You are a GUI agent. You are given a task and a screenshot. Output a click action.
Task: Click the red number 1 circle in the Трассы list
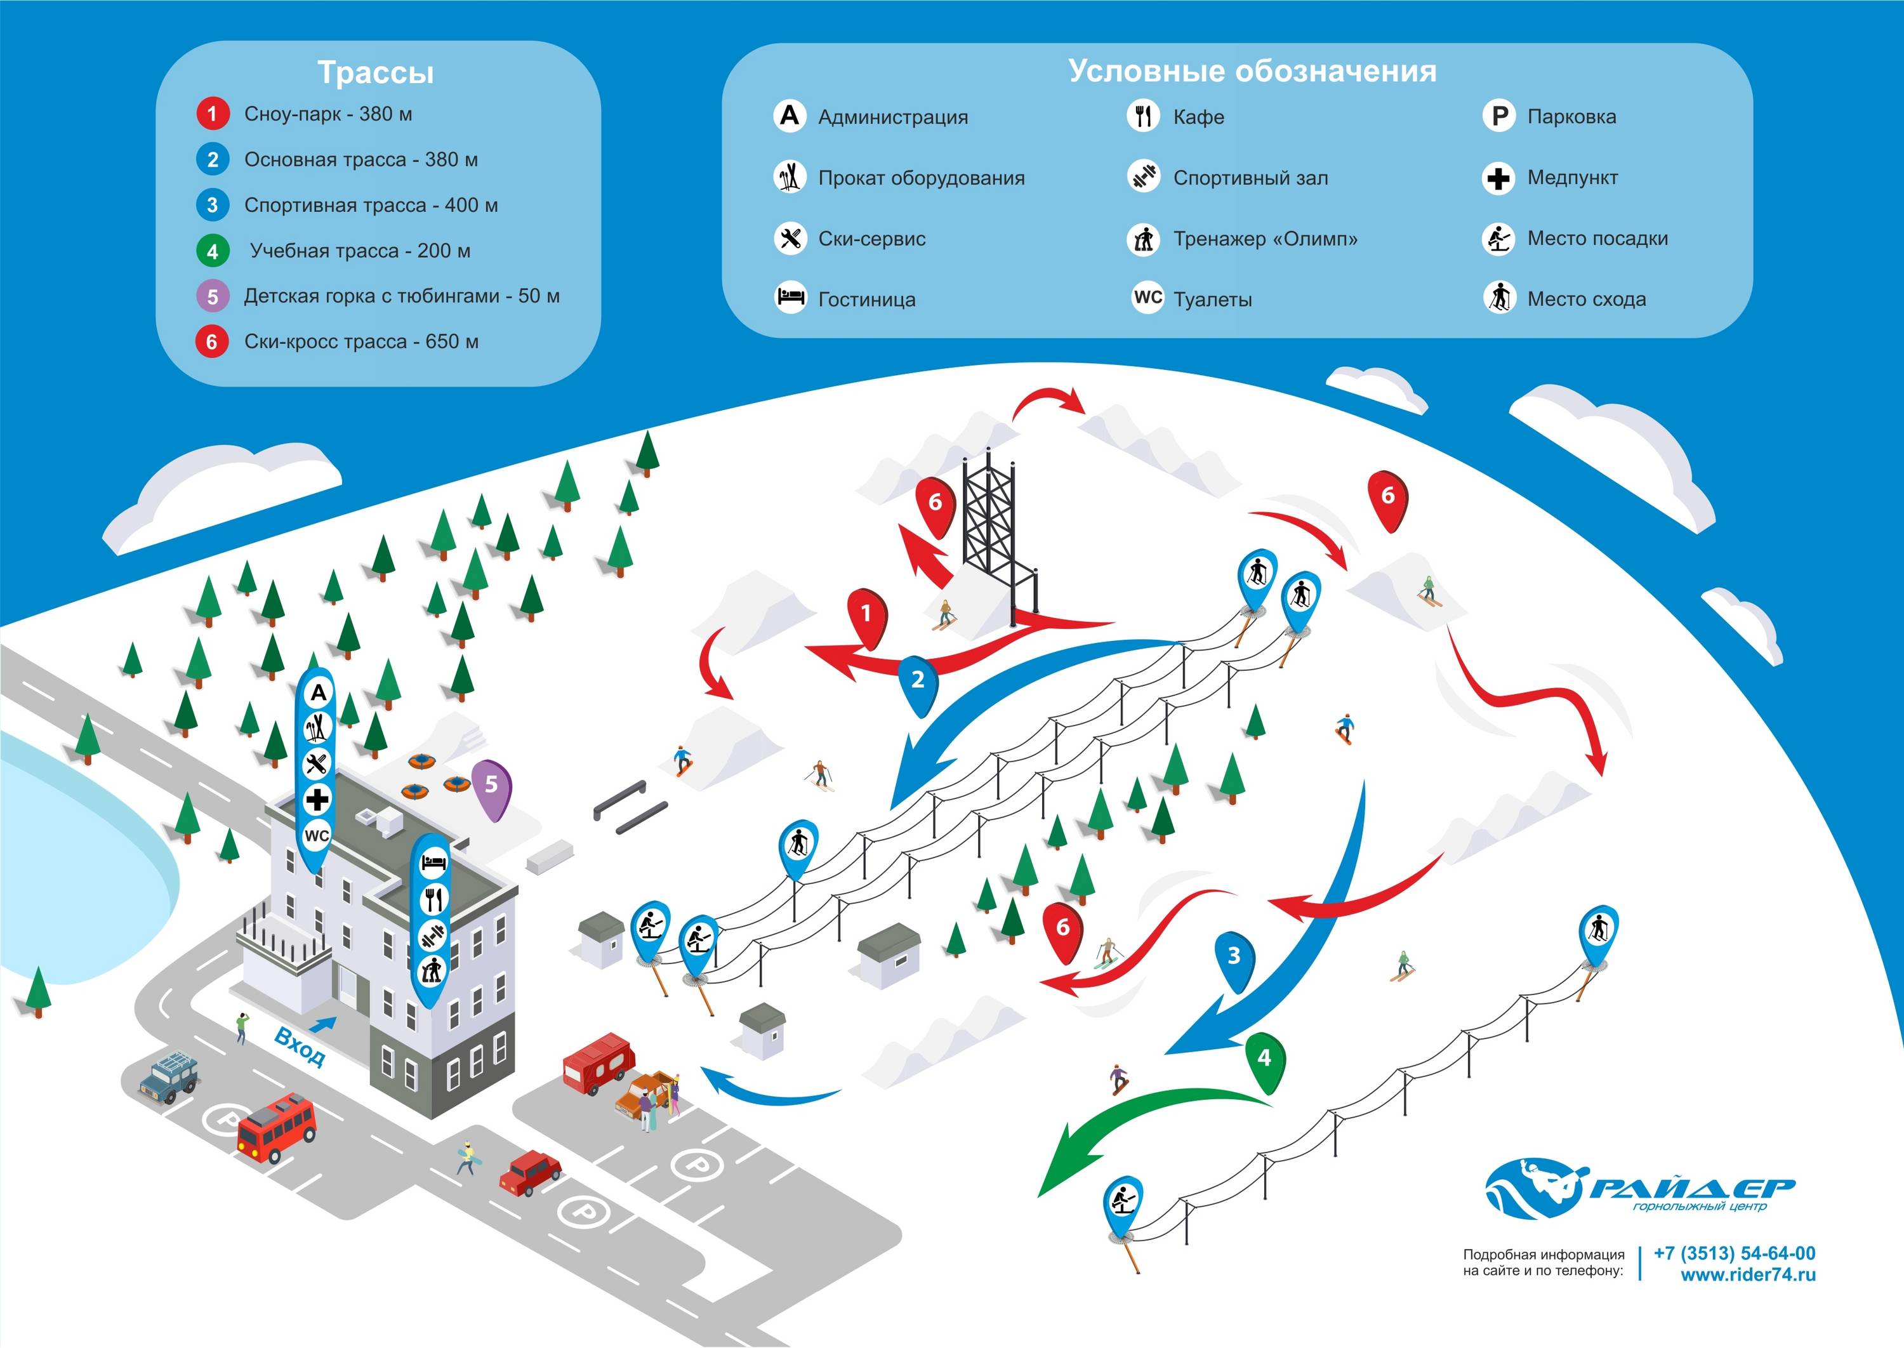tap(213, 114)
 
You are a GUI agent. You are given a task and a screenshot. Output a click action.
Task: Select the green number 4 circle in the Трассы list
tap(213, 251)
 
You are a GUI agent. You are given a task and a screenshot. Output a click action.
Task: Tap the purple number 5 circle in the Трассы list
tap(213, 296)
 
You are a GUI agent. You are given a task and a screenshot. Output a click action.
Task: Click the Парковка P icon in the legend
tap(1499, 116)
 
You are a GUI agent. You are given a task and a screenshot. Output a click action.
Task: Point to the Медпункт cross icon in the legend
tap(1499, 178)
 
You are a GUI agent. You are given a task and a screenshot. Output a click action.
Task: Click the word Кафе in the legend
tap(1198, 117)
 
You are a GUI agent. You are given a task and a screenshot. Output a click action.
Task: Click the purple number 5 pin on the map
tap(491, 784)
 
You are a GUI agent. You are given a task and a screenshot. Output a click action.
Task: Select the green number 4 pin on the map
tap(1264, 1059)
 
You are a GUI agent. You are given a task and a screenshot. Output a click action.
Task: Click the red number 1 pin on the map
tap(866, 614)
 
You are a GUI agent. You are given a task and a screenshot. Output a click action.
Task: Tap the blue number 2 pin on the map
tap(918, 680)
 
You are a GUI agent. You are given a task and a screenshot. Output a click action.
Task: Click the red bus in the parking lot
tap(276, 1127)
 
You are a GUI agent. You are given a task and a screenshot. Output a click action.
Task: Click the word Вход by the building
tap(300, 1048)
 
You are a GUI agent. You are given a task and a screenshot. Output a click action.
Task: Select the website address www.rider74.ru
tap(1748, 1275)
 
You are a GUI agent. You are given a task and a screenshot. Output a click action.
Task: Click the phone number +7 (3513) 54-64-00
tap(1734, 1253)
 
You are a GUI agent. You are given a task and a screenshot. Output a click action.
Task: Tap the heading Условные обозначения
tap(1252, 71)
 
